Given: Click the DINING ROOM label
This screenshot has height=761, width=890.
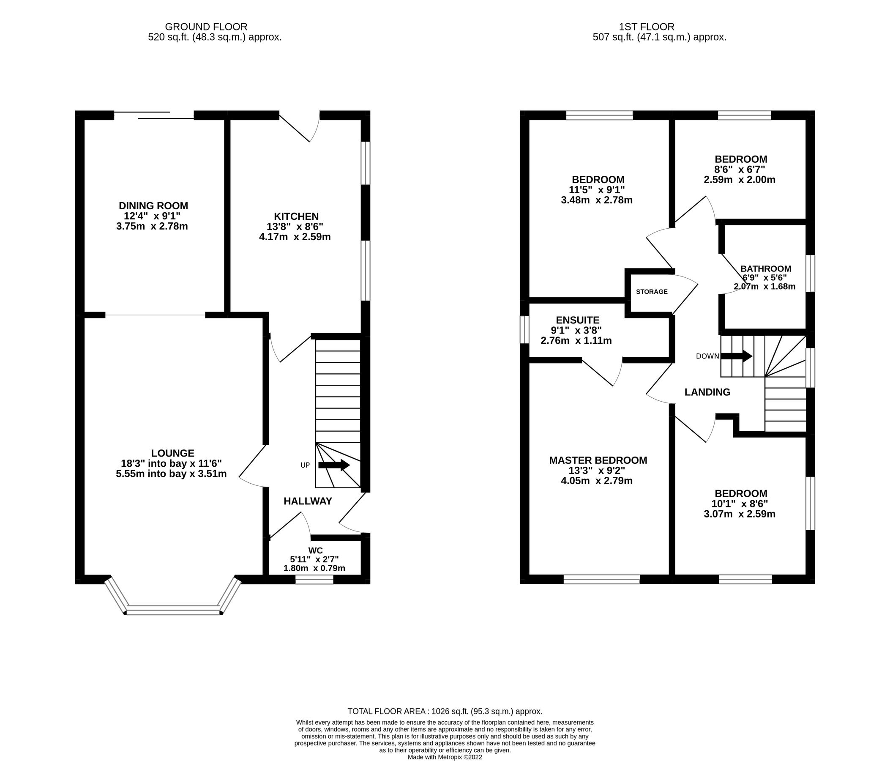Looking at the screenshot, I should click(x=153, y=205).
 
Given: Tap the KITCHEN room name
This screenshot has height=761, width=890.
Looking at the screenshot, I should click(x=296, y=216).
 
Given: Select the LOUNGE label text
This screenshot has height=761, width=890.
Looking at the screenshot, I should click(x=173, y=453).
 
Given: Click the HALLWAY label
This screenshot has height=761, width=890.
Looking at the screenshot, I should click(x=308, y=501).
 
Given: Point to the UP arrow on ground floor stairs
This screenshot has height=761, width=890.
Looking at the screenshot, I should click(x=334, y=465).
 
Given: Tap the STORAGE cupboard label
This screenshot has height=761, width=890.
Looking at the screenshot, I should click(x=652, y=292).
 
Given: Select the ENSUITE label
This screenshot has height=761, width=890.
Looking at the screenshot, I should click(x=577, y=320).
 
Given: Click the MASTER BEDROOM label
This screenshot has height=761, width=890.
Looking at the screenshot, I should click(x=598, y=460).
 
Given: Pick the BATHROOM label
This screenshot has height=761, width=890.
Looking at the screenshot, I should click(x=766, y=268).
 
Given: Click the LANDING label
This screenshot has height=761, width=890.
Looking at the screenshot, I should click(x=707, y=392).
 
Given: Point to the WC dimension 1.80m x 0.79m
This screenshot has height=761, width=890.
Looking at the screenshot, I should click(x=314, y=568).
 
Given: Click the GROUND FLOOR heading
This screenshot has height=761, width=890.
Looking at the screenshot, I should click(x=206, y=27).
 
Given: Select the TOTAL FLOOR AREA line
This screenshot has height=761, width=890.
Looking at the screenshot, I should click(x=445, y=711).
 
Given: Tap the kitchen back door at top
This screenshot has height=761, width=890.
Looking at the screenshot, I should click(x=299, y=127).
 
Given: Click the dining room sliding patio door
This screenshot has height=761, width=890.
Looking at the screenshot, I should click(x=154, y=115).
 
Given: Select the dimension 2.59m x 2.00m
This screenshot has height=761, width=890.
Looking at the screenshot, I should click(x=739, y=180).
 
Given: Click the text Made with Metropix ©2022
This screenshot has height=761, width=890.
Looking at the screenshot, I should click(x=445, y=757).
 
